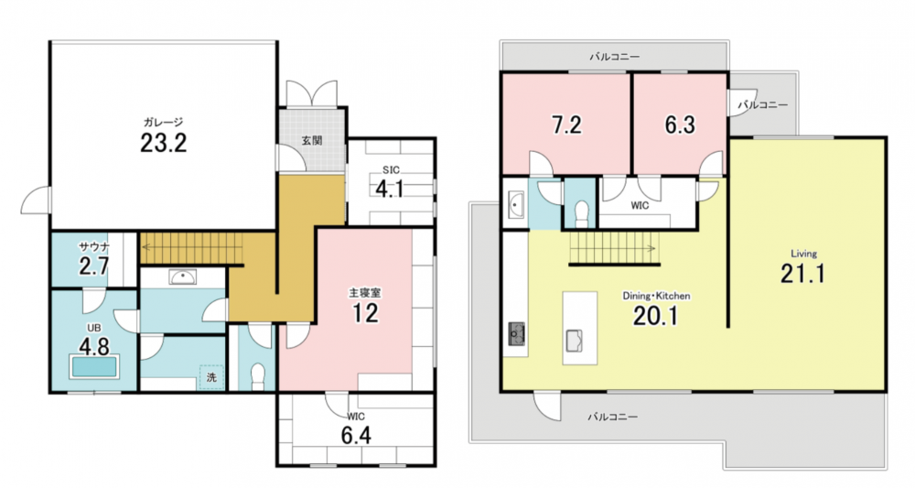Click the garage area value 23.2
pos(164,143)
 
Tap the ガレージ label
pos(164,122)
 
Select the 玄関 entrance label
pos(312,141)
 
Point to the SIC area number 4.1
pos(390,190)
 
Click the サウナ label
pos(94,246)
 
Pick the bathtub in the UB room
pos(94,366)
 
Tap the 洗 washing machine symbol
pos(211,377)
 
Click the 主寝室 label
pos(365,293)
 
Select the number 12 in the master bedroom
pos(365,313)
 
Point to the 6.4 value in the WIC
pos(356,436)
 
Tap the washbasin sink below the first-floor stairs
pos(183,277)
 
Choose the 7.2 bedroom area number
pos(566,125)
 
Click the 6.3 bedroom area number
pos(681,125)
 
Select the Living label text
pos(803,254)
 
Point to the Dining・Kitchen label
pos(656,296)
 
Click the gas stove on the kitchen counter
pos(516,333)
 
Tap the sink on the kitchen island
pos(575,341)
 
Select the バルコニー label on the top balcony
pos(615,57)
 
